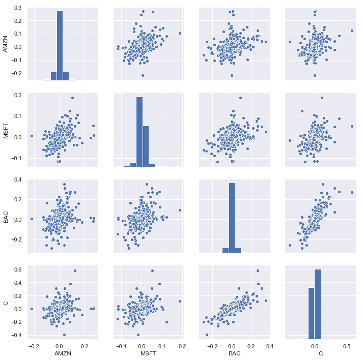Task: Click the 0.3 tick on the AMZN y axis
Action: coord(18,8)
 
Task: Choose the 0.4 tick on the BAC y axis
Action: coord(18,179)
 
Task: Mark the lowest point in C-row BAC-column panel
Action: coord(207,335)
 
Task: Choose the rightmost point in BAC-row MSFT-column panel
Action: coord(180,210)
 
